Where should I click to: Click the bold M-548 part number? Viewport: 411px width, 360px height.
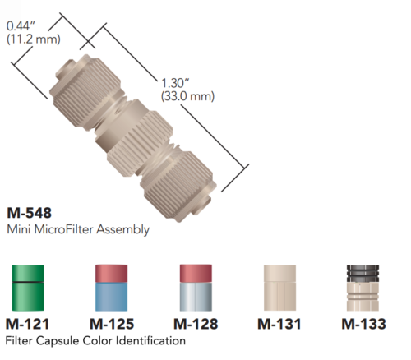(29, 212)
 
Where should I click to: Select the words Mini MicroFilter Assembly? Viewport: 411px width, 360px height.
(77, 229)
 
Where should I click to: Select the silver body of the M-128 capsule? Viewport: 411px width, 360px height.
(198, 298)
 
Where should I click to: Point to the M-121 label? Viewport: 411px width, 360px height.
(30, 324)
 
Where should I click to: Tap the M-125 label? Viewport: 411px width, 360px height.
(112, 324)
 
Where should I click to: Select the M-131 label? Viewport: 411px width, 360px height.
(279, 324)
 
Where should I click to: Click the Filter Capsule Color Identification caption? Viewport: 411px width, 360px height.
(95, 340)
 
